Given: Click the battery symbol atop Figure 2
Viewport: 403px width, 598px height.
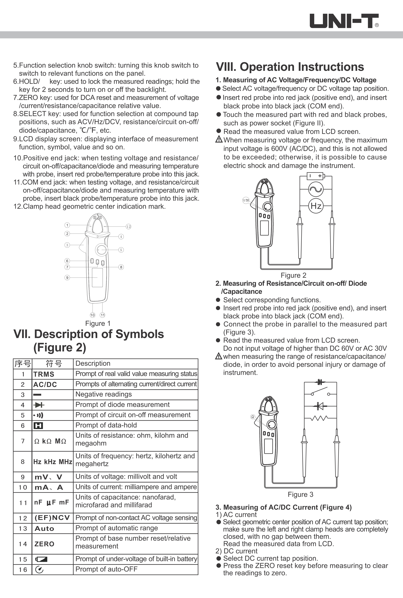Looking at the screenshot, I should tap(316, 176).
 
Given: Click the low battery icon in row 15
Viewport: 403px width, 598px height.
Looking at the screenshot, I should tap(41, 559).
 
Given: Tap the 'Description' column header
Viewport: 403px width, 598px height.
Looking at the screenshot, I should tap(93, 364).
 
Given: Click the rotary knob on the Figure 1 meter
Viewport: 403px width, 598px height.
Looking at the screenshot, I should tap(101, 250).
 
